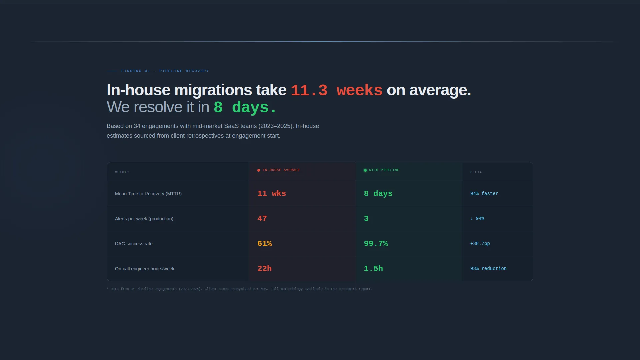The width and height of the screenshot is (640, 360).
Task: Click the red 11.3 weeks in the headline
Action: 336,90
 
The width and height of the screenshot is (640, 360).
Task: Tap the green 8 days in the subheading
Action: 245,107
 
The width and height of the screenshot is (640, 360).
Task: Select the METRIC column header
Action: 122,172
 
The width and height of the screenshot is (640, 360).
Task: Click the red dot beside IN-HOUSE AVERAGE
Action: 259,170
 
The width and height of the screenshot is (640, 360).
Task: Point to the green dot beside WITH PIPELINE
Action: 365,170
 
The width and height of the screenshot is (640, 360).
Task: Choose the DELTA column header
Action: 476,172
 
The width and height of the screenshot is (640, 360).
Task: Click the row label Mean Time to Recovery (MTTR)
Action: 148,194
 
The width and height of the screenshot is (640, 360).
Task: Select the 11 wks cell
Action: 272,194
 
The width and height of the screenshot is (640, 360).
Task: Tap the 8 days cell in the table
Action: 378,194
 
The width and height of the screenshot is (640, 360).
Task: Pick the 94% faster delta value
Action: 484,194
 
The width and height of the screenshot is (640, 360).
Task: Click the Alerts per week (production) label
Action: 144,219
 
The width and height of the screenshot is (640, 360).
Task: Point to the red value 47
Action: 262,219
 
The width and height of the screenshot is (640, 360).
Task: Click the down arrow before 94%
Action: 472,219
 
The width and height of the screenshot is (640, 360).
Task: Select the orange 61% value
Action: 265,244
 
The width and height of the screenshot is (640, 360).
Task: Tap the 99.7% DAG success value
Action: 376,244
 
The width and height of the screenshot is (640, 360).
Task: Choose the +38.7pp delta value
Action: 480,244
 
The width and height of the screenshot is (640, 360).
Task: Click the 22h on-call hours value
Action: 265,269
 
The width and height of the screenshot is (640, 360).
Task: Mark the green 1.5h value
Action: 373,269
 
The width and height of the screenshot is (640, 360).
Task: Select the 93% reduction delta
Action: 488,269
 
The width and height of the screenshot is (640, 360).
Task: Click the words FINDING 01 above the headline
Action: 136,71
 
